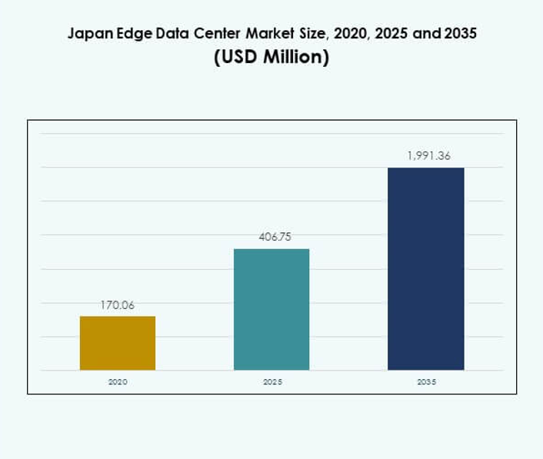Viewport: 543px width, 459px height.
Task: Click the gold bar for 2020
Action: click(118, 343)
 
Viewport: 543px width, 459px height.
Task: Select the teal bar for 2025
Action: click(271, 309)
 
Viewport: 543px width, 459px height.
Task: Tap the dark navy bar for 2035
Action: click(425, 268)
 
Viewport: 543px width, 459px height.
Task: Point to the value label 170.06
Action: click(118, 305)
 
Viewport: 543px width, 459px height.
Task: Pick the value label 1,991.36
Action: click(428, 156)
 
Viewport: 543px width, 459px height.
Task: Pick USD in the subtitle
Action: click(237, 58)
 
